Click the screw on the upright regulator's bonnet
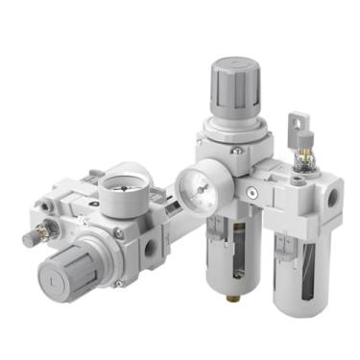[235, 150]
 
